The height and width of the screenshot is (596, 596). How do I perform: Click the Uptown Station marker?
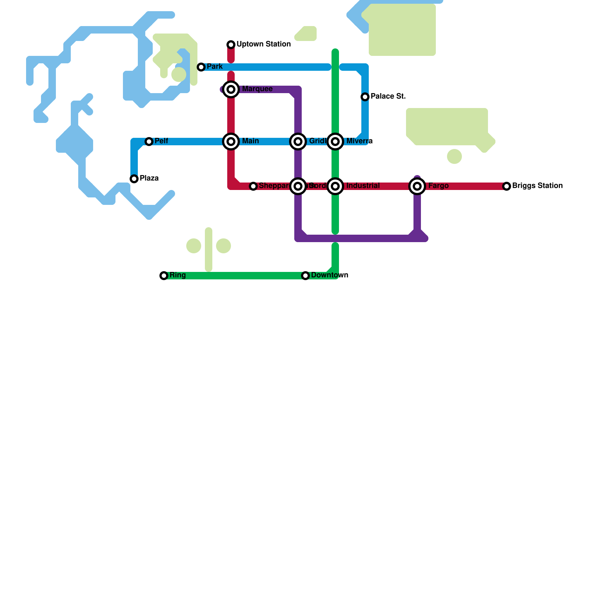pos(231,45)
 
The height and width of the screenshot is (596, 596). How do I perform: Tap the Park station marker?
pos(201,67)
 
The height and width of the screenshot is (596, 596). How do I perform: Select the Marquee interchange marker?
pos(231,89)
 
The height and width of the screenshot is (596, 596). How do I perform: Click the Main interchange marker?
pos(231,142)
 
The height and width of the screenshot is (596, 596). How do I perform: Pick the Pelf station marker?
pos(149,142)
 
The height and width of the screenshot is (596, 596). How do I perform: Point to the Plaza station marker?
pos(134,179)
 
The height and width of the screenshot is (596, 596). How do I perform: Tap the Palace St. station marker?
pos(365,97)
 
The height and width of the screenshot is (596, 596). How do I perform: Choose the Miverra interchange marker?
pos(335,142)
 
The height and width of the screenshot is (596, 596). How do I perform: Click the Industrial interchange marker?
pos(335,186)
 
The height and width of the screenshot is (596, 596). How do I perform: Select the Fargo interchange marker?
pos(417,186)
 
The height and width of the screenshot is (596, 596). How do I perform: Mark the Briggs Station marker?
pos(507,186)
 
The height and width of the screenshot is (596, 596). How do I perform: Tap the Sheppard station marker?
pos(253,186)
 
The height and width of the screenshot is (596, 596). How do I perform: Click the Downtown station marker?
pos(305,276)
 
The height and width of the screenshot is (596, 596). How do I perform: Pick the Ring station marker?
pos(164,276)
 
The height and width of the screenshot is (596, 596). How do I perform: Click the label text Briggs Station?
pos(537,186)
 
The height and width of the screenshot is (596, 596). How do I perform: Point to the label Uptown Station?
pos(263,44)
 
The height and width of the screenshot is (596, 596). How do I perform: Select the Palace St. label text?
pos(388,96)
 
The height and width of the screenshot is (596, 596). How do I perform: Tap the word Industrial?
pos(363,186)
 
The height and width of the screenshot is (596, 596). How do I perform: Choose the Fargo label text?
pos(438,186)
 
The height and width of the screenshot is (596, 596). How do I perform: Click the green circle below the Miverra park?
pos(454,156)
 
